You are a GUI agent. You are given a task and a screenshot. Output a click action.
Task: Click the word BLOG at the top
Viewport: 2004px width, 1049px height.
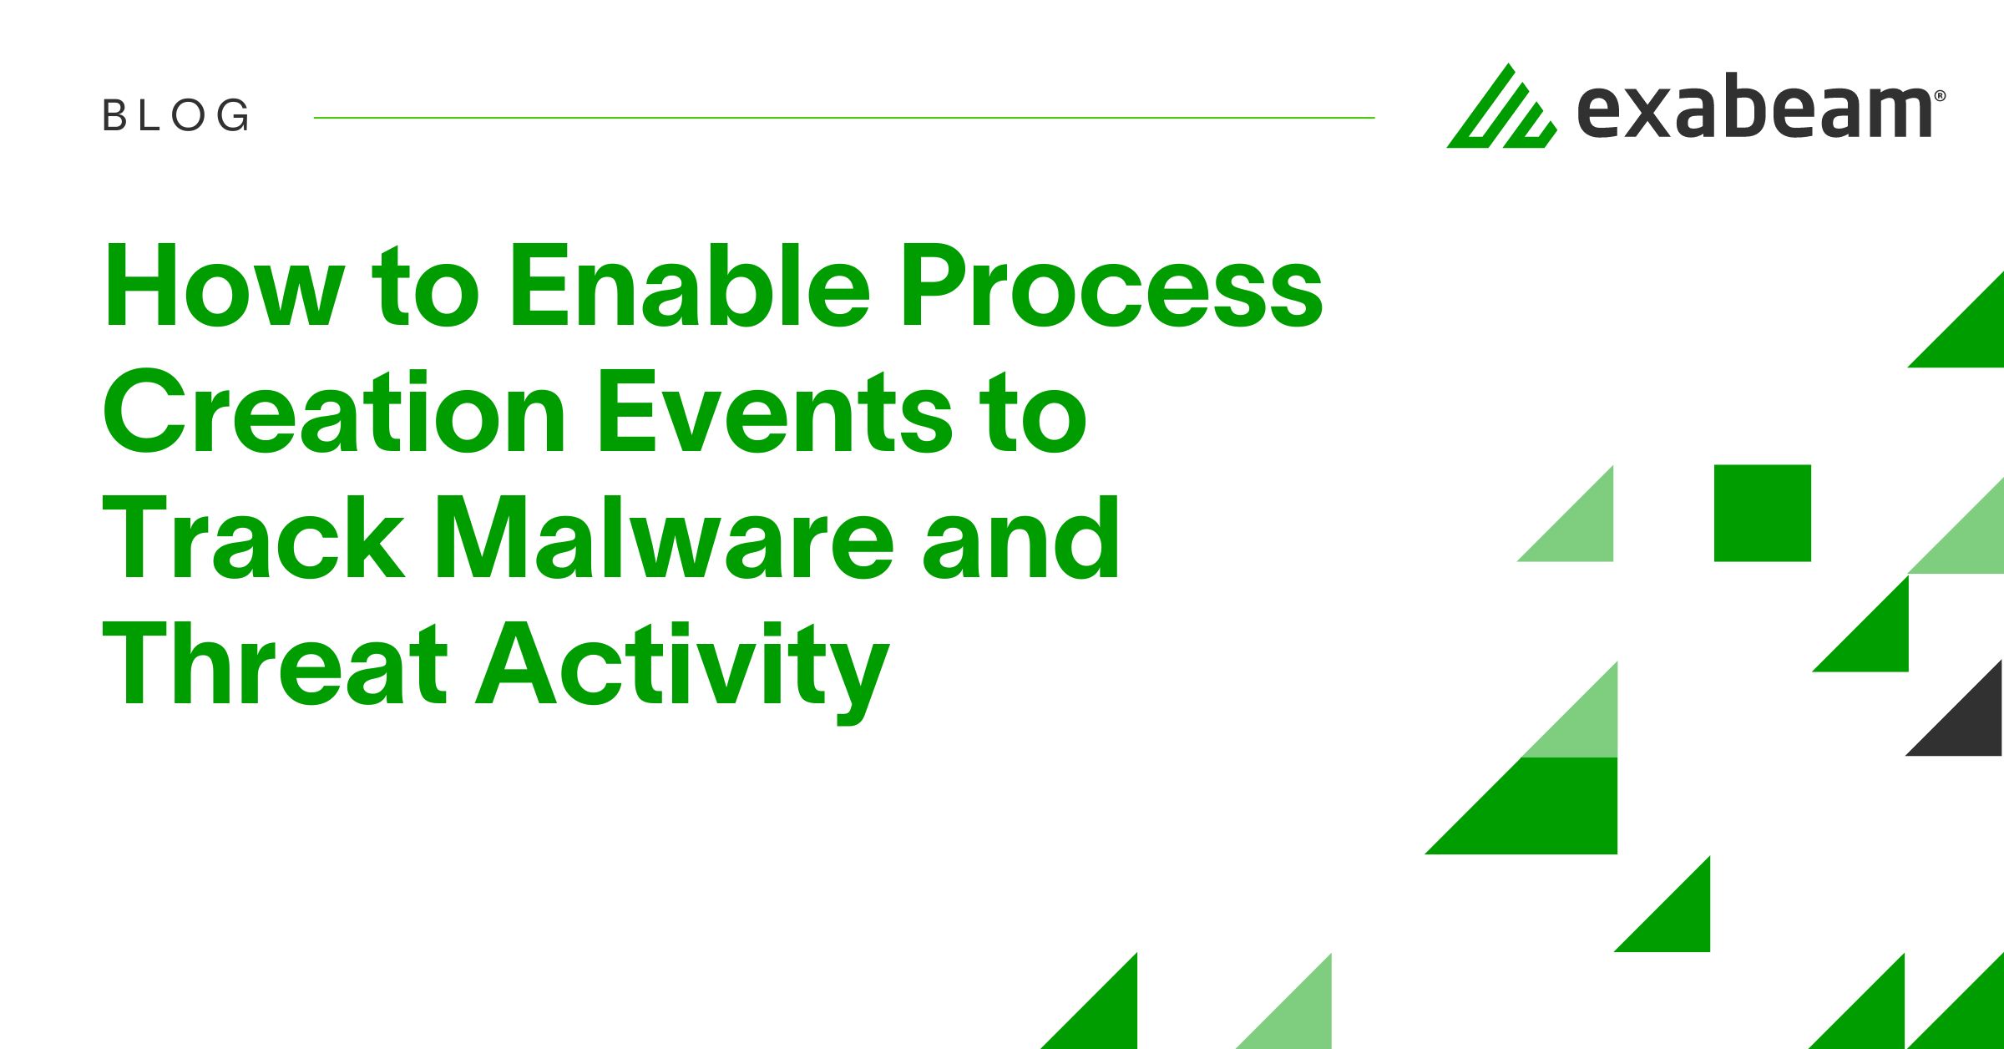[x=176, y=115]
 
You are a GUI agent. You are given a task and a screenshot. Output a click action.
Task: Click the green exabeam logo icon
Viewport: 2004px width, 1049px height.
[x=1501, y=106]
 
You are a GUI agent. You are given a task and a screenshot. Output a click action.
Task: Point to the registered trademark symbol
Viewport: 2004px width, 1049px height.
[x=1940, y=96]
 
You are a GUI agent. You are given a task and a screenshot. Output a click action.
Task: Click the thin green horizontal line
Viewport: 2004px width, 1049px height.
[x=844, y=118]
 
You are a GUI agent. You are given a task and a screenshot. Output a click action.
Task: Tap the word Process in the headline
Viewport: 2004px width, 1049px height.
[x=1111, y=286]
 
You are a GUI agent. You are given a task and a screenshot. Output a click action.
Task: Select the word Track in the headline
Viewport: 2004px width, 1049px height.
[x=254, y=538]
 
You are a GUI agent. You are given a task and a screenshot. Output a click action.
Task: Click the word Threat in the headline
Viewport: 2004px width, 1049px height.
[x=275, y=664]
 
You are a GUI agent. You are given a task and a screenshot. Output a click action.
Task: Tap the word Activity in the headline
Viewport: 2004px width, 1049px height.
[x=683, y=672]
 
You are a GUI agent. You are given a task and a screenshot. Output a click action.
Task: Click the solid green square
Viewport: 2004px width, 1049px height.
[x=1763, y=513]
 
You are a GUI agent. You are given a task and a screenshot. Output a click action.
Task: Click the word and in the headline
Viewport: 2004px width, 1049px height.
[x=1021, y=538]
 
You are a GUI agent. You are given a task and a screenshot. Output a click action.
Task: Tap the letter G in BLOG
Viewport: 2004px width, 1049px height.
[x=232, y=115]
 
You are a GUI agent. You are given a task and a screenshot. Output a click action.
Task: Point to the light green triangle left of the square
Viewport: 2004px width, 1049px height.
[x=1581, y=529]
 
